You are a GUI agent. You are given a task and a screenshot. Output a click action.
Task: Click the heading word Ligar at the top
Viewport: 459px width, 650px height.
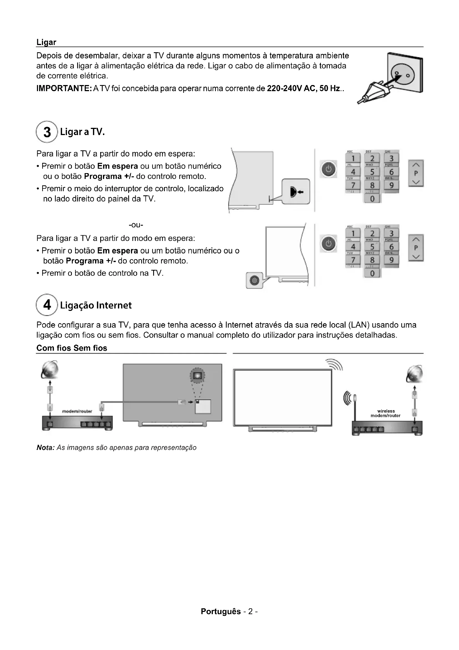click(x=46, y=42)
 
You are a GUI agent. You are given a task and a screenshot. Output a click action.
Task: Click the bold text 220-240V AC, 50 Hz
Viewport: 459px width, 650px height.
click(x=304, y=89)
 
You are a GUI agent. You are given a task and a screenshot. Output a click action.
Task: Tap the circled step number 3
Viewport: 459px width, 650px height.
click(x=47, y=132)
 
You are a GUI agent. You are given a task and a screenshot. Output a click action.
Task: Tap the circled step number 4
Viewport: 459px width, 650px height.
click(x=47, y=305)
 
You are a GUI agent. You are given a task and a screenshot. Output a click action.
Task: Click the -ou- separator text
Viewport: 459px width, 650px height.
click(x=136, y=225)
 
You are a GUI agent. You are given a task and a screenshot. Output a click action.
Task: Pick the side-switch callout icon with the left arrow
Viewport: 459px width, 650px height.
click(x=296, y=192)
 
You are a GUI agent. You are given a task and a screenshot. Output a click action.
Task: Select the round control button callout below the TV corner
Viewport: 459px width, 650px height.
click(x=254, y=280)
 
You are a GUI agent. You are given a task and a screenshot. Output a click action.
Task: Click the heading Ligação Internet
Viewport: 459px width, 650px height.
click(x=96, y=305)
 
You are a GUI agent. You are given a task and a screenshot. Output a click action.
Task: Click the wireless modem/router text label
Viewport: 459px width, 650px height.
click(x=385, y=413)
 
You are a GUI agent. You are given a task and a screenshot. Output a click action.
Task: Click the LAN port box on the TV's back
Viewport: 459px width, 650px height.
click(x=203, y=406)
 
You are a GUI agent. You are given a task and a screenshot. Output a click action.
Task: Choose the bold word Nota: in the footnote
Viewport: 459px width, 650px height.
click(x=45, y=448)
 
